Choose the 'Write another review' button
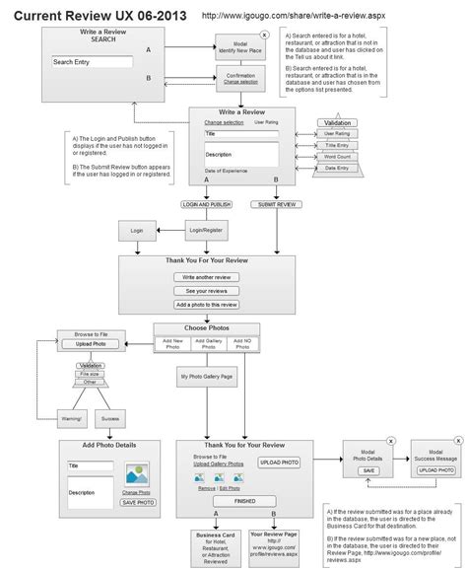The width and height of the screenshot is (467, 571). pos(207,277)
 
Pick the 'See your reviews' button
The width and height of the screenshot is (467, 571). pos(207,291)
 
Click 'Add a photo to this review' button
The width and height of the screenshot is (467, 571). pos(207,305)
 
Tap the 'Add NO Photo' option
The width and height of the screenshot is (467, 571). pos(241,343)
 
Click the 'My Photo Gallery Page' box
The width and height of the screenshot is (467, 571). pos(206,377)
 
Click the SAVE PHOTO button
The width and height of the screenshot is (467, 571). pos(138,502)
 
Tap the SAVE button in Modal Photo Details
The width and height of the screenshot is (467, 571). pos(368,470)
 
